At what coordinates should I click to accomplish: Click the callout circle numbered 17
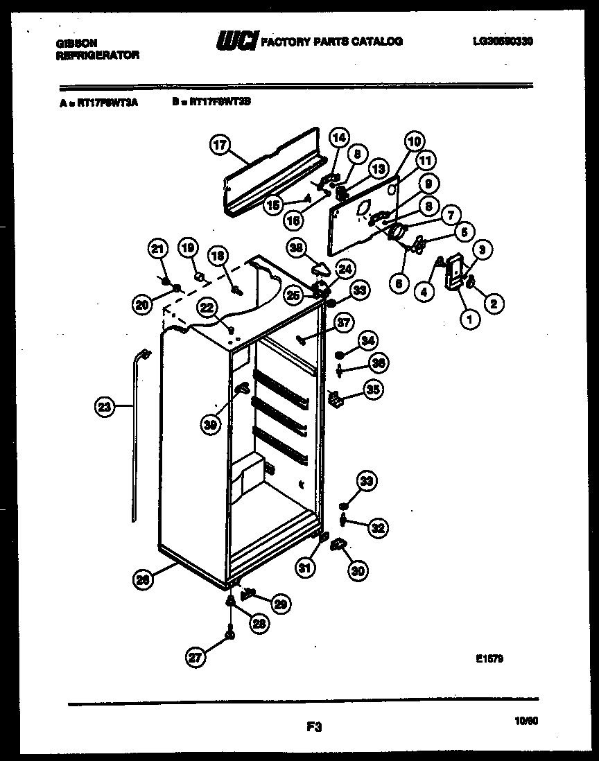pos(219,146)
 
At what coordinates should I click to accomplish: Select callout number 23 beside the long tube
pos(103,408)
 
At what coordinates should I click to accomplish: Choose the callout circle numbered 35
pos(372,390)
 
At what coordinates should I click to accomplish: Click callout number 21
pos(159,250)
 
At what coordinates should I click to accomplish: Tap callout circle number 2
pos(494,303)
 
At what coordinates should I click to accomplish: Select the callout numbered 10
pos(414,142)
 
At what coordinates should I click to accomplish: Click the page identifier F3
pos(313,727)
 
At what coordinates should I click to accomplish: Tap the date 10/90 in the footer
pos(527,721)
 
